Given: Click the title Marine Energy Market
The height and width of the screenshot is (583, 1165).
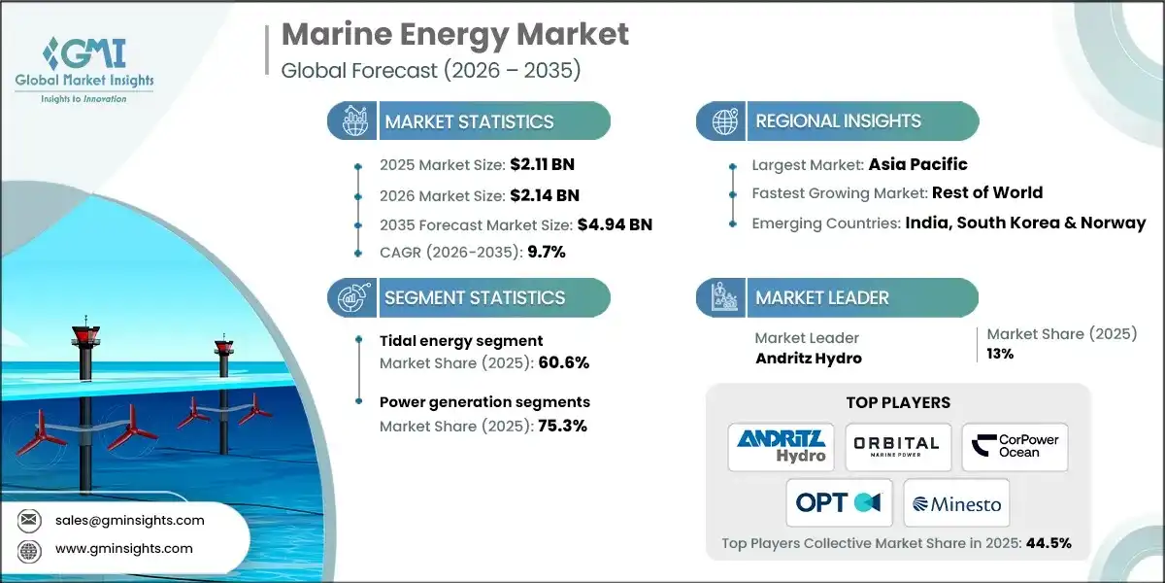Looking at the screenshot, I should coord(454,34).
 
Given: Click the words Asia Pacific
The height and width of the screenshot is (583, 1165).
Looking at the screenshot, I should coord(917,164).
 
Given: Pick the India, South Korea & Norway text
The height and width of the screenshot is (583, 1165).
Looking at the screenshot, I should coord(1025,223).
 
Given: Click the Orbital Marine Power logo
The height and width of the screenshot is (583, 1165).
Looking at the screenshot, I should coord(898,446).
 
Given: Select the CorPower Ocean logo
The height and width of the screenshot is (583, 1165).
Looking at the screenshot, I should coord(1015,446).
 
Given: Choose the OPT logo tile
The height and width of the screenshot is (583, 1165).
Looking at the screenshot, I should coord(839,502).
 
